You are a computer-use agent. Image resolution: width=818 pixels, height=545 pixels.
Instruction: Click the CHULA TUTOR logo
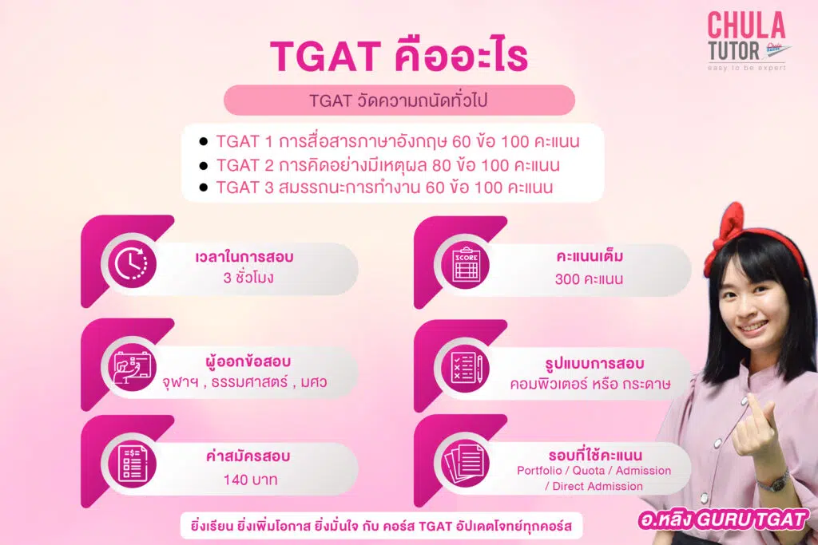(x=746, y=41)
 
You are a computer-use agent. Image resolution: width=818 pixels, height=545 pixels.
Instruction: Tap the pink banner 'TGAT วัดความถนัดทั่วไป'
(x=399, y=101)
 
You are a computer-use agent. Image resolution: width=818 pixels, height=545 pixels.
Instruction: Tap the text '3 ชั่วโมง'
(x=249, y=279)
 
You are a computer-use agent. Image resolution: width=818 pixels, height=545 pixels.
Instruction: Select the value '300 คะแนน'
(x=589, y=280)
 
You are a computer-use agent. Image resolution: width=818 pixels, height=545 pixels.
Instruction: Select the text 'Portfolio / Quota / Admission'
(x=594, y=471)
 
